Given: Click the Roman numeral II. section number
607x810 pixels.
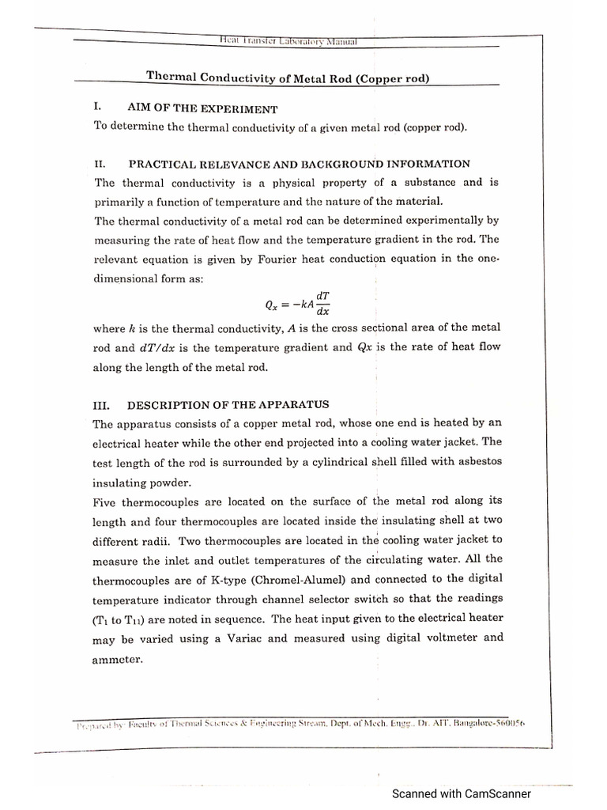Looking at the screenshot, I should pos(99,164).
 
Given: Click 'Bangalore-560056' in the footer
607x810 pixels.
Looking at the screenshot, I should pos(484,723).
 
